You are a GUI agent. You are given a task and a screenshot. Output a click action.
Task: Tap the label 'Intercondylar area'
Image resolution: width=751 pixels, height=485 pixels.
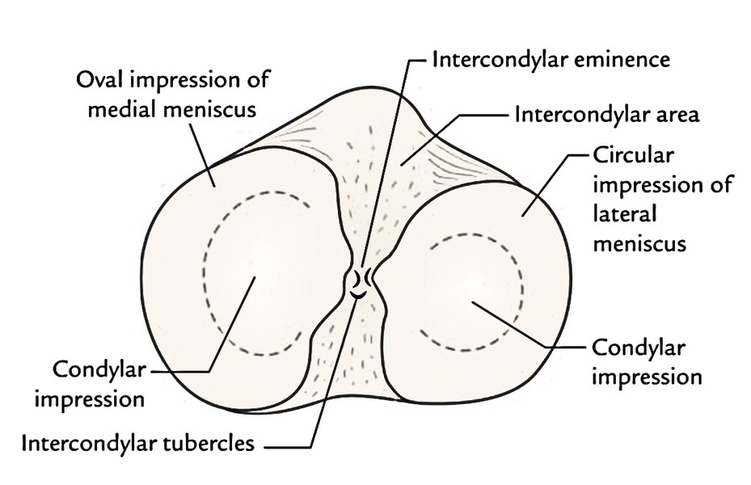pos(606,114)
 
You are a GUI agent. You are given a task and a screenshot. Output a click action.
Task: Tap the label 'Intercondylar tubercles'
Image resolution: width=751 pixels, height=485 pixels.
pos(139,443)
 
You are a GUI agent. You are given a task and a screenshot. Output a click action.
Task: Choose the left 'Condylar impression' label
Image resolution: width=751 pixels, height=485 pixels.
pos(99,383)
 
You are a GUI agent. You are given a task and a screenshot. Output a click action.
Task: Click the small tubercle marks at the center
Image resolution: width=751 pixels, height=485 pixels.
pos(361,283)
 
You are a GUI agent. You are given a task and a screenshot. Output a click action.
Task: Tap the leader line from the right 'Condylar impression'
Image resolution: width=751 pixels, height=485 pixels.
pos(525,327)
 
